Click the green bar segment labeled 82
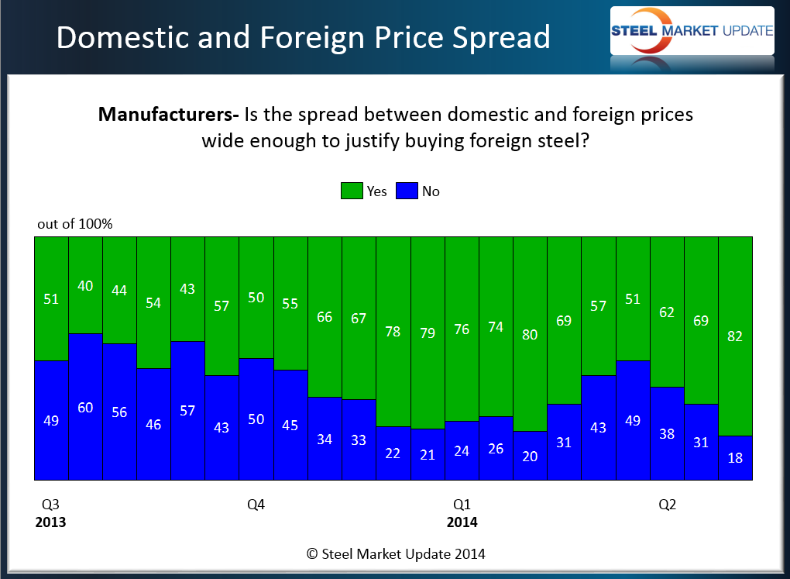click(735, 336)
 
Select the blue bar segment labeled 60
click(85, 407)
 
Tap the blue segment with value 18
click(735, 458)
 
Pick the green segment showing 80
click(530, 334)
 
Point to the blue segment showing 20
click(530, 456)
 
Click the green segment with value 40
click(85, 284)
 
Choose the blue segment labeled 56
click(119, 412)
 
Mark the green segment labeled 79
click(428, 333)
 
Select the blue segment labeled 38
click(667, 433)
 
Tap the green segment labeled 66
click(325, 316)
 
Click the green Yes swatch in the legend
click(352, 191)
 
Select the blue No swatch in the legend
click(407, 191)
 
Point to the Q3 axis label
click(45, 505)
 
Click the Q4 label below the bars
click(256, 505)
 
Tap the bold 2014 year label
click(462, 522)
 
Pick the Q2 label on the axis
click(667, 505)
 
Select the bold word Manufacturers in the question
click(167, 115)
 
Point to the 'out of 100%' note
click(75, 224)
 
